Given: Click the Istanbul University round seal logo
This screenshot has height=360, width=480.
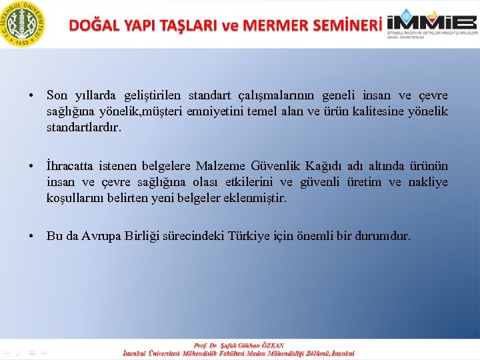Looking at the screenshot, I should pyautogui.click(x=24, y=23).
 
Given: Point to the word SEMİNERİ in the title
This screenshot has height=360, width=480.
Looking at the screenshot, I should pyautogui.click(x=345, y=25).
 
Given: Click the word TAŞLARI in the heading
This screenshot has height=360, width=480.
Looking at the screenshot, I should pyautogui.click(x=185, y=25).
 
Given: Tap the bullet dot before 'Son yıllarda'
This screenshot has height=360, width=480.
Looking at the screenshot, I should pyautogui.click(x=32, y=95).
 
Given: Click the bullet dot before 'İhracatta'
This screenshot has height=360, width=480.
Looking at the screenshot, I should pyautogui.click(x=32, y=166).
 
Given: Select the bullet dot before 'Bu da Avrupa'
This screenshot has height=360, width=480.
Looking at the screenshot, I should pyautogui.click(x=32, y=236).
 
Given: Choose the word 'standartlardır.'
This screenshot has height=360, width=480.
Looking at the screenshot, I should pyautogui.click(x=84, y=127).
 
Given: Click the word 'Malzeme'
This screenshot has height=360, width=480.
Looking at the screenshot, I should pyautogui.click(x=221, y=166).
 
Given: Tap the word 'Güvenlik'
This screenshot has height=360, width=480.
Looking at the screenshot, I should pyautogui.click(x=275, y=166).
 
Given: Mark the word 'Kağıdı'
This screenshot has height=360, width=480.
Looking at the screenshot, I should pyautogui.click(x=325, y=166).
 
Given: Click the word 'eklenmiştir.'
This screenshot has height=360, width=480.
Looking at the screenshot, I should pyautogui.click(x=255, y=198).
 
